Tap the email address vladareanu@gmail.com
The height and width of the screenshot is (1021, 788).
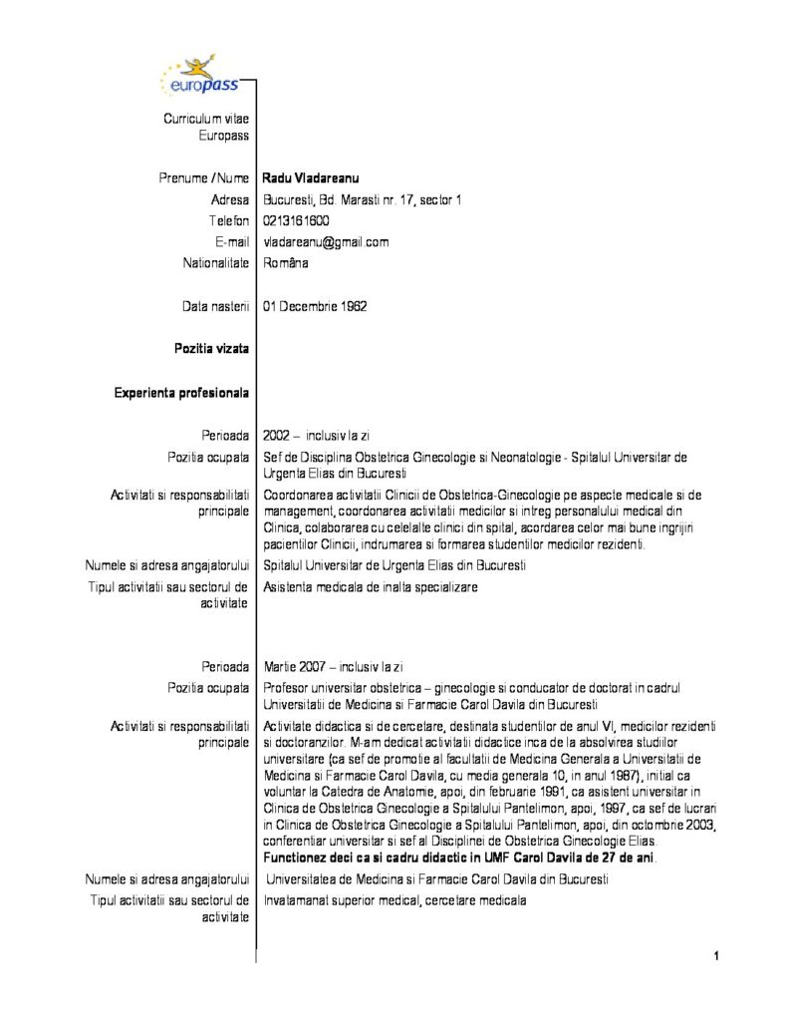[x=326, y=242]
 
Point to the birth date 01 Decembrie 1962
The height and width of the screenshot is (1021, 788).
[x=315, y=306]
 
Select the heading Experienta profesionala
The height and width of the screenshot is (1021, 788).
[x=181, y=392]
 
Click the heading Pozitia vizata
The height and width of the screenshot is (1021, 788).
[x=211, y=349]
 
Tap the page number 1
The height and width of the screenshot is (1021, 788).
[x=715, y=956]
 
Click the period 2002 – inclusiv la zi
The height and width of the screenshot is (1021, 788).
[x=317, y=436]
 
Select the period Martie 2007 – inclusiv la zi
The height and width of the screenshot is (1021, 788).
[x=333, y=666]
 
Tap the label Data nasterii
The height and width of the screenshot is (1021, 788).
[x=210, y=306]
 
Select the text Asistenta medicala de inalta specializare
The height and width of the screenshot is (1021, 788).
[x=371, y=587]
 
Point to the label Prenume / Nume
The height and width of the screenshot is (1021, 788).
[x=204, y=177]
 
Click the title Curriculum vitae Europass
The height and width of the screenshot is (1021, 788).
[x=206, y=127]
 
